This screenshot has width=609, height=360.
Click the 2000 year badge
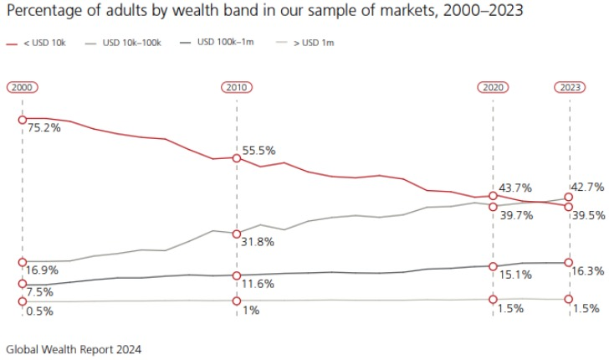click(x=23, y=87)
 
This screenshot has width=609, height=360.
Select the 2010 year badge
click(x=237, y=87)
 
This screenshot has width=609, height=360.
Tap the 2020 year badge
click(x=493, y=87)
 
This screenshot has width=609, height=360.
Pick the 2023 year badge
click(x=570, y=87)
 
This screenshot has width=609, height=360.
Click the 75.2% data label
click(x=43, y=128)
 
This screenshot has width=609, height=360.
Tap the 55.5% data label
click(x=259, y=151)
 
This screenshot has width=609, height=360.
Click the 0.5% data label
click(x=40, y=311)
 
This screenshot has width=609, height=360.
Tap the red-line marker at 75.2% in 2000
click(x=23, y=119)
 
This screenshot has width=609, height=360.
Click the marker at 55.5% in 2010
click(x=237, y=157)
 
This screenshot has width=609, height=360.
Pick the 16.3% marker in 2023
click(x=569, y=262)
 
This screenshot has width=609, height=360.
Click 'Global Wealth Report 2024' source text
click(x=74, y=349)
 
